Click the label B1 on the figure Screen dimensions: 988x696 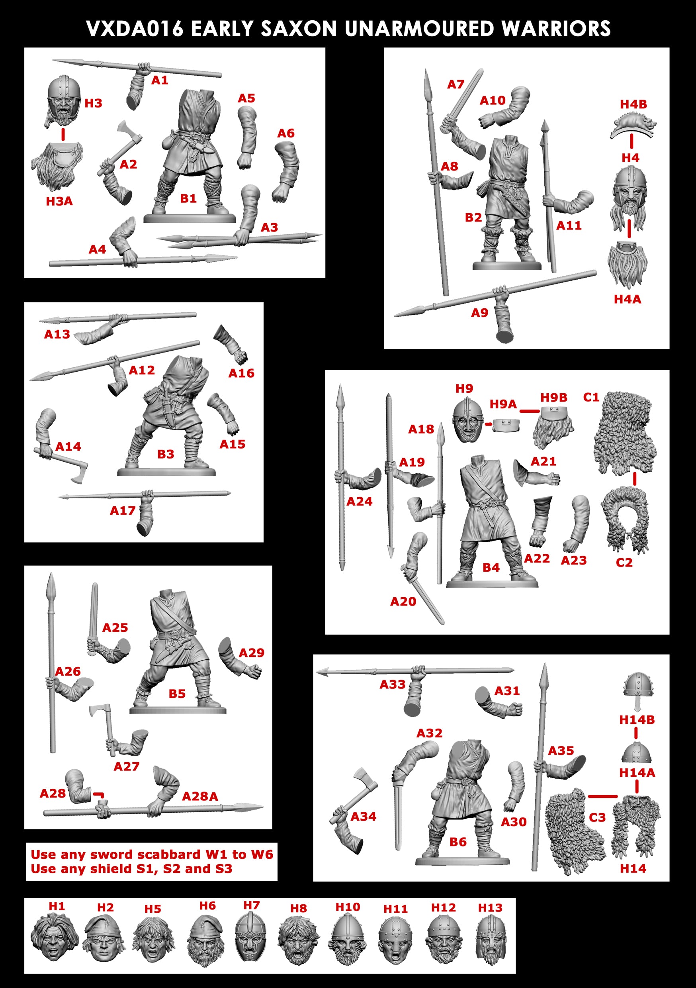point(188,198)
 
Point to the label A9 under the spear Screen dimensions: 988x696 point(479,313)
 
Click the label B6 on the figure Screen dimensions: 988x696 point(457,841)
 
